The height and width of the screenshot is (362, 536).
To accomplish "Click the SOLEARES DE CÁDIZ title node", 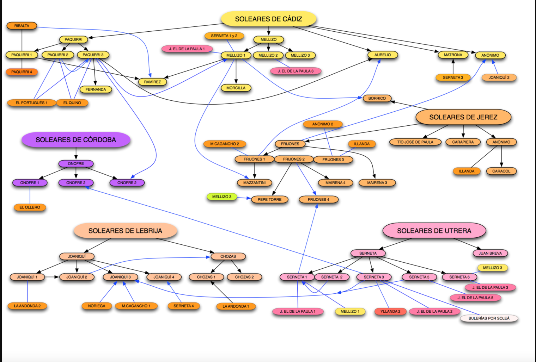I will tap(268, 19).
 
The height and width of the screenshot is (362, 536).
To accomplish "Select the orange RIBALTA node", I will tap(22, 26).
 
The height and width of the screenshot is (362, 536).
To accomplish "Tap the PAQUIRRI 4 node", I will tap(22, 72).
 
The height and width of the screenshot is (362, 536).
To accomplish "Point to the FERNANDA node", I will tap(96, 89).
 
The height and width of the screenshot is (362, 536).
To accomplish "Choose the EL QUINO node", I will tap(72, 103).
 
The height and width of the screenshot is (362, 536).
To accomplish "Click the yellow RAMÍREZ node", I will tap(152, 82).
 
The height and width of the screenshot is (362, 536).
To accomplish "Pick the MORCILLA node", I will tap(236, 88).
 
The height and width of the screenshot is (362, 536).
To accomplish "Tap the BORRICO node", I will tap(377, 98).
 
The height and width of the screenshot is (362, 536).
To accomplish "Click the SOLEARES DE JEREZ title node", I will tap(463, 117).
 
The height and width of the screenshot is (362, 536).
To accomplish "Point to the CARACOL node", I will tap(501, 171).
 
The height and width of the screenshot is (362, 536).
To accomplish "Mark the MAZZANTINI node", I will tap(254, 183).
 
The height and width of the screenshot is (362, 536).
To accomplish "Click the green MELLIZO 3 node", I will tap(222, 196).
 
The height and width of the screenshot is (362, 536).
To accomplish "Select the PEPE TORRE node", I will tap(269, 200).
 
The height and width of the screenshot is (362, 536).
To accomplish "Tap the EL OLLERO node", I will tap(30, 207).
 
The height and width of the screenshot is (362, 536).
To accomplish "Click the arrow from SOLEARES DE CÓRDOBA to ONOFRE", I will tap(76, 153).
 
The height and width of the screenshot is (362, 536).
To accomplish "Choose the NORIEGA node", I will tap(97, 306).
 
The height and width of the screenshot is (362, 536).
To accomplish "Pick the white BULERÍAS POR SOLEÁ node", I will tap(489, 318).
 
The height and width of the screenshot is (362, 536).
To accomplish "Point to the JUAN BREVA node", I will tap(490, 253).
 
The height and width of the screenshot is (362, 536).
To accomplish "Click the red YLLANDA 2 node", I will tap(390, 311).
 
